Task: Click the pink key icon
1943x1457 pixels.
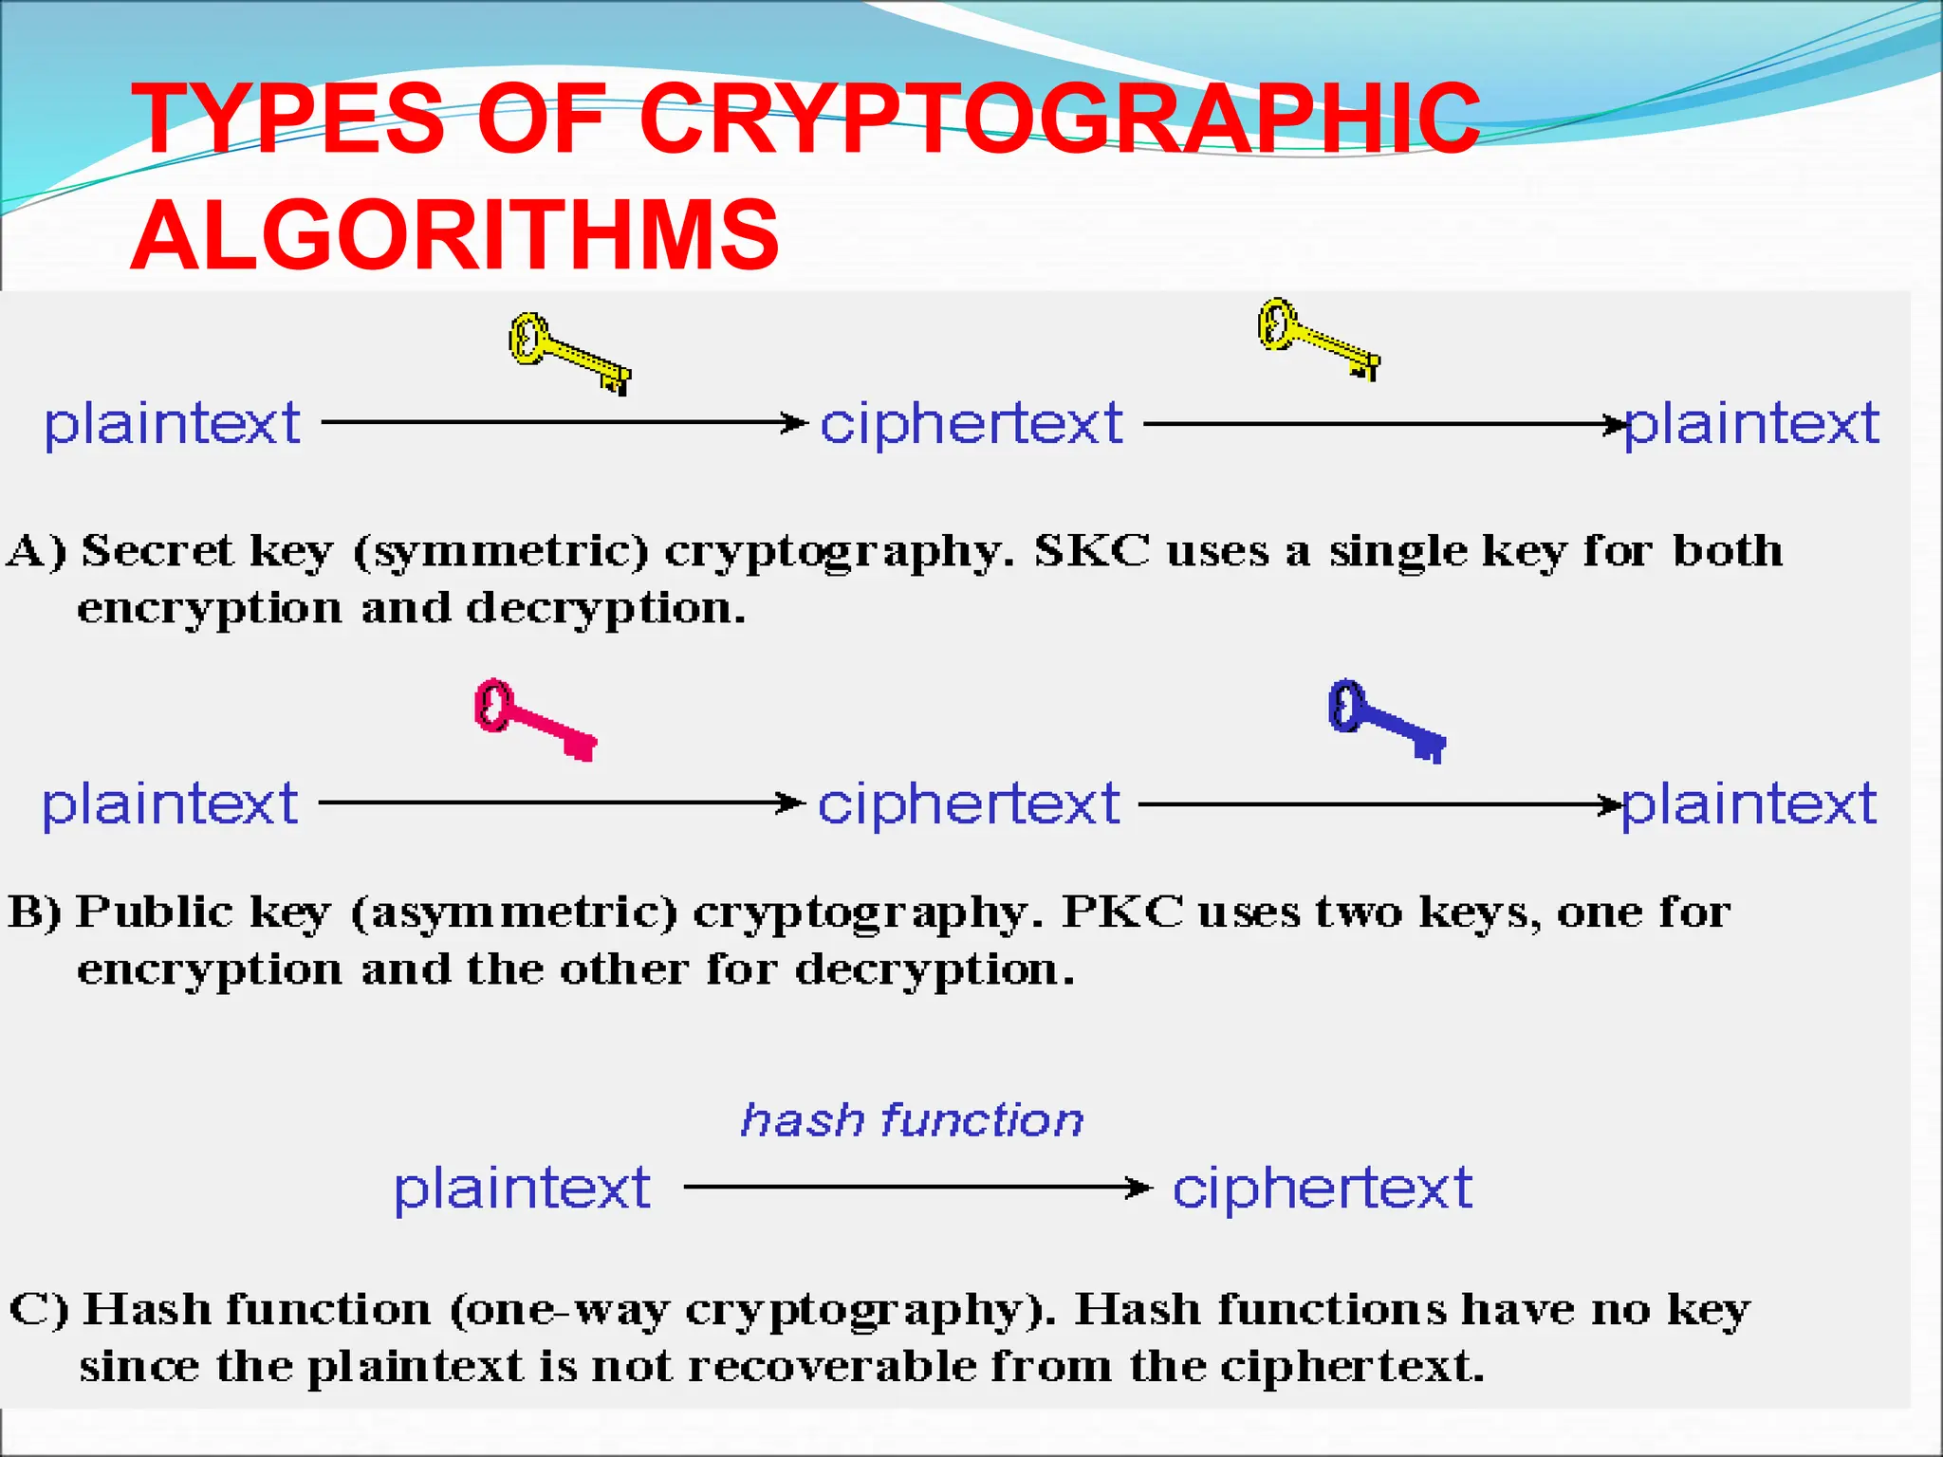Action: click(534, 719)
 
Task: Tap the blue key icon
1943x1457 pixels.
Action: click(1386, 720)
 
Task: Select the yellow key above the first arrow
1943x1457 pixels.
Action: click(569, 353)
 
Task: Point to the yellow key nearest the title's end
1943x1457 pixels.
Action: click(1318, 339)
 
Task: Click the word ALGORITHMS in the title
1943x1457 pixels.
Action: click(454, 234)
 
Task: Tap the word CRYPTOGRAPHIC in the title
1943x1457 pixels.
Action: click(1059, 119)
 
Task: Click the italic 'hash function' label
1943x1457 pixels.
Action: click(912, 1120)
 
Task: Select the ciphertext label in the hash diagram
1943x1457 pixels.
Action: click(1322, 1188)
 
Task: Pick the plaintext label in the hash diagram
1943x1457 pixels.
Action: click(522, 1188)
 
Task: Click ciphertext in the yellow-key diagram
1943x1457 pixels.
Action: click(971, 423)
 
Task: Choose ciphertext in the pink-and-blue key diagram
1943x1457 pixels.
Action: click(969, 804)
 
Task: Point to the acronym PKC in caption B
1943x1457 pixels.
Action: click(1122, 912)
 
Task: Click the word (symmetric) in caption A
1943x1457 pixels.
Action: click(501, 551)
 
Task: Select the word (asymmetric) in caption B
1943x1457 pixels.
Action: click(514, 913)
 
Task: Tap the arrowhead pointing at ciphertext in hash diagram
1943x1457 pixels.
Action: click(1138, 1187)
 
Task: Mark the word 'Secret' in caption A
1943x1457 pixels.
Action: click(157, 550)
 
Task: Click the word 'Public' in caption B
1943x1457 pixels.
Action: click(154, 912)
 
